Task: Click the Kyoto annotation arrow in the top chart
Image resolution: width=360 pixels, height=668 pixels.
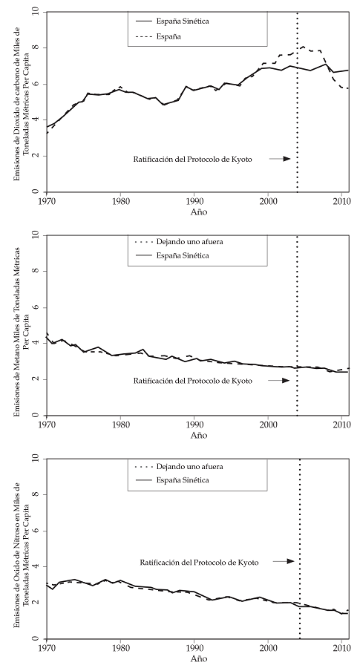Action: [279, 159]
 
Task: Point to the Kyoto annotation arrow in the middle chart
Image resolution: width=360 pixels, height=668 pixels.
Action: [279, 380]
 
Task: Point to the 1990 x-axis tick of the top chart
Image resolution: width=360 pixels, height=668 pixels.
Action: [194, 200]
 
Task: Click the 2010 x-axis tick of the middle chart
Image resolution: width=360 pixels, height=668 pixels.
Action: [342, 423]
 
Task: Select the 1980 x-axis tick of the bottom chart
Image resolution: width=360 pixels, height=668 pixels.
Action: [121, 646]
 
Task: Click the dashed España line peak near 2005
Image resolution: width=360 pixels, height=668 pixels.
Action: [303, 47]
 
